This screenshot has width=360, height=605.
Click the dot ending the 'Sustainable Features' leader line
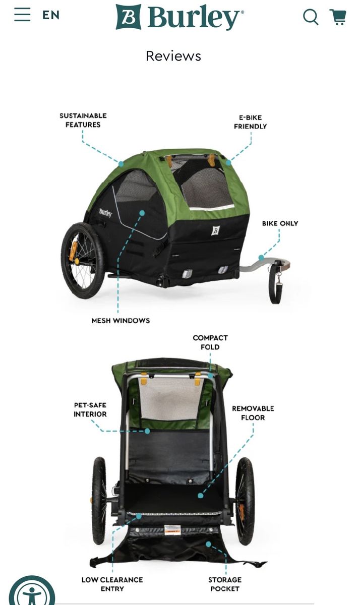tap(121, 164)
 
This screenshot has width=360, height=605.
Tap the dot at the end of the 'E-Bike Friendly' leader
tap(228, 162)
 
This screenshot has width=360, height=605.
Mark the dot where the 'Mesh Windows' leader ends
tap(142, 213)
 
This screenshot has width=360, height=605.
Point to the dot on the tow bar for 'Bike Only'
tap(261, 258)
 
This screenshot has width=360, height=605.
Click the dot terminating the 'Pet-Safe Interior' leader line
tap(147, 431)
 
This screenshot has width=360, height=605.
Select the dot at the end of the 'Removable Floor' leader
tap(200, 495)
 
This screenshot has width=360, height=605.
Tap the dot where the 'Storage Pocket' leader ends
tap(208, 544)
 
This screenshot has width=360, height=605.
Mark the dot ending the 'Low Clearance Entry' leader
tap(139, 516)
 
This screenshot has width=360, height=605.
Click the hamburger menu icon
tap(22, 14)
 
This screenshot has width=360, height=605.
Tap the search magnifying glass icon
tap(311, 17)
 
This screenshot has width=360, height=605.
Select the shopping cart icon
tap(338, 17)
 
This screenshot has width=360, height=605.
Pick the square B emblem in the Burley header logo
tap(128, 17)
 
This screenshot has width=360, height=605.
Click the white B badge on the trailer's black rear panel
tap(215, 230)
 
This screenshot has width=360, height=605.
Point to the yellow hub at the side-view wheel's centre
tap(77, 261)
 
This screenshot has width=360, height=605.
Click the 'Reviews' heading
tap(173, 56)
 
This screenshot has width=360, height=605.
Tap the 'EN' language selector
tap(51, 15)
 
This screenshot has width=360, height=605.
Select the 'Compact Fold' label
tap(210, 342)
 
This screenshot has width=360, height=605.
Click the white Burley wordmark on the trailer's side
tap(105, 213)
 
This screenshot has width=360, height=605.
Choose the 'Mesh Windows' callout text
tap(121, 321)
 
